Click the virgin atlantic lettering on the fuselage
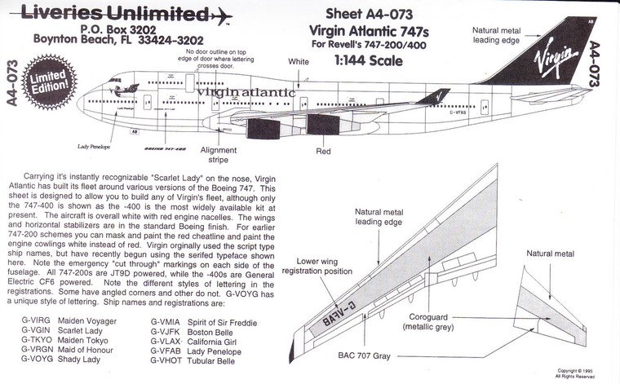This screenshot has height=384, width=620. tap(245, 92)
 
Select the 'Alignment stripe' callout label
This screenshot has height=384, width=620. tap(218, 155)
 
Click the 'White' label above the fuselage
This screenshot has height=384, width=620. tap(299, 61)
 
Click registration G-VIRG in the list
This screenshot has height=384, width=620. tap(36, 320)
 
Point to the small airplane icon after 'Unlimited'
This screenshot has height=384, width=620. tap(221, 15)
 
